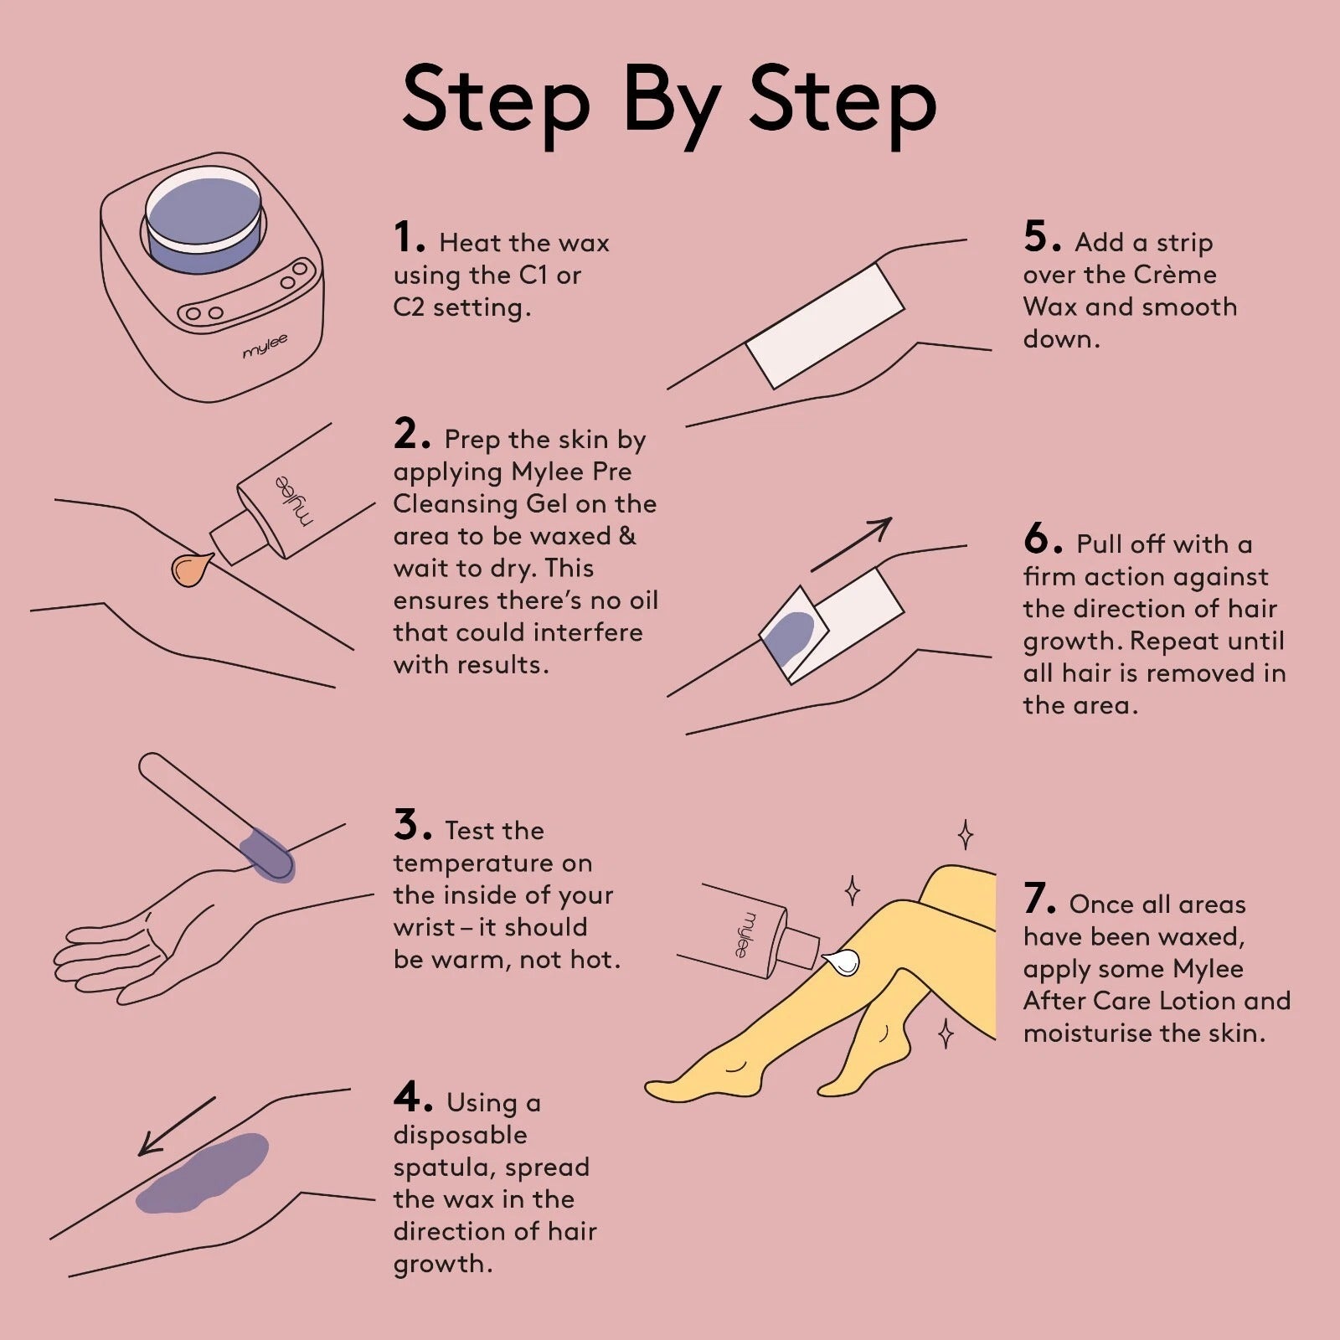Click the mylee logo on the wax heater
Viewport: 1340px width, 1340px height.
coord(265,345)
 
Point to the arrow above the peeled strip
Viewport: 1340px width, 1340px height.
coord(851,544)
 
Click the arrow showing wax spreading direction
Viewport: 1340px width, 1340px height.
coord(177,1126)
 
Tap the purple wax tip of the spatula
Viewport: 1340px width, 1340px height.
coord(267,855)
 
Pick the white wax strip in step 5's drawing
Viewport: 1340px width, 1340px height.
coord(825,326)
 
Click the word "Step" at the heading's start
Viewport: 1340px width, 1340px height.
coord(496,101)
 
